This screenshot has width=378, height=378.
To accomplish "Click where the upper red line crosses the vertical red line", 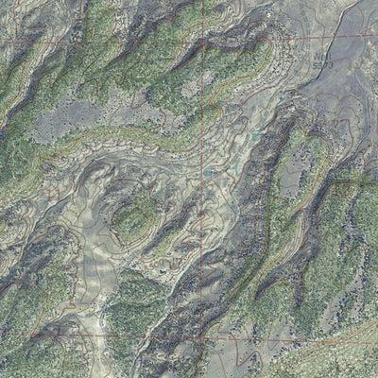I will pos(204,38).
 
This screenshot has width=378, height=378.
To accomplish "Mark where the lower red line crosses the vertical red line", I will pos(202,335).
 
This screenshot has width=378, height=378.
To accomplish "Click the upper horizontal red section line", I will pos(113,40).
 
